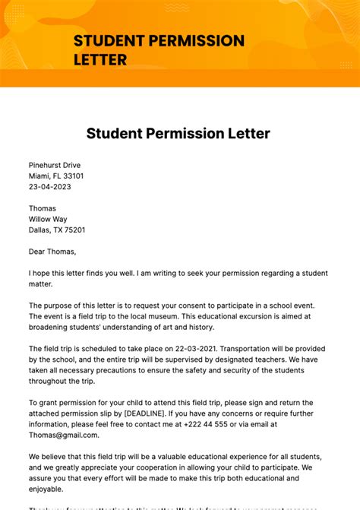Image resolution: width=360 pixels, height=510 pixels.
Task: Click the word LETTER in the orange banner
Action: [x=100, y=59]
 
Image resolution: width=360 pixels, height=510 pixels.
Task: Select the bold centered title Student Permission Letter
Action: [x=178, y=134]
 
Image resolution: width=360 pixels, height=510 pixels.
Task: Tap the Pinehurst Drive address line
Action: [x=55, y=165]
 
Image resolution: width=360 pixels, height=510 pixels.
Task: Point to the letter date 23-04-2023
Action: [x=51, y=186]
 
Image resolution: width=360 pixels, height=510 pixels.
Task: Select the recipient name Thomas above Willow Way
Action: [x=43, y=208]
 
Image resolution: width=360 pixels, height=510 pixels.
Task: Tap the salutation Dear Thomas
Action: [x=52, y=252]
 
